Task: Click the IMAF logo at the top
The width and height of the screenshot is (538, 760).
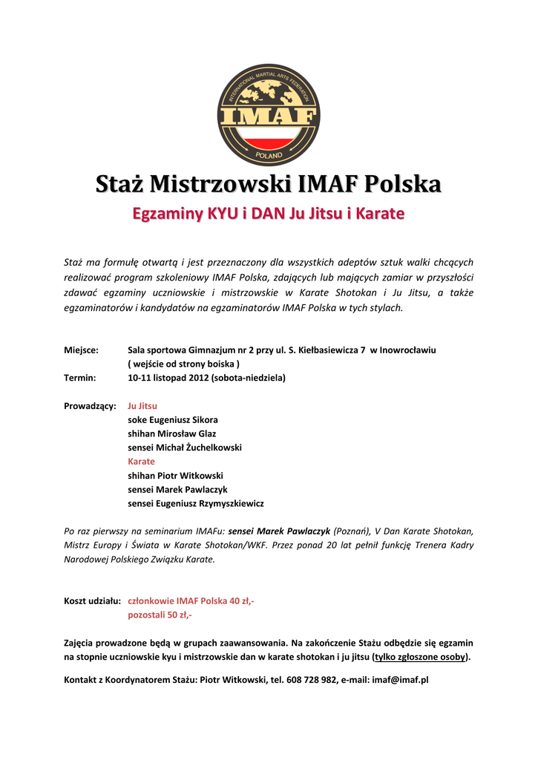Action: pos(269,114)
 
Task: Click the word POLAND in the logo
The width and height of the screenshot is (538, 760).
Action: pos(269,156)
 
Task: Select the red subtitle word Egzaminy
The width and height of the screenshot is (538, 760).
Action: pos(166,214)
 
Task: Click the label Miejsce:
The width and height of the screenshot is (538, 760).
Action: pos(82,350)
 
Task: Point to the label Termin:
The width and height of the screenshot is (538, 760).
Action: pos(80,378)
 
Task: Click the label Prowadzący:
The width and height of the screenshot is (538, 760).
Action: pos(90,406)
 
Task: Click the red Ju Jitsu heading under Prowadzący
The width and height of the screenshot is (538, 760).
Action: pos(142,406)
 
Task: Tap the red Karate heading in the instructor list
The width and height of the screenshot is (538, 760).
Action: pos(141,462)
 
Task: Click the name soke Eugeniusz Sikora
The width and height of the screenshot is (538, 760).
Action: pos(173,419)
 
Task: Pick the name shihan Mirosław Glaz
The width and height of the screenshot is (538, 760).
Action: pos(172,433)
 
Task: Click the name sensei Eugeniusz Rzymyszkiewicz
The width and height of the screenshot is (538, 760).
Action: pos(196,503)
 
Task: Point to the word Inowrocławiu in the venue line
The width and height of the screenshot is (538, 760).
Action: pos(408,350)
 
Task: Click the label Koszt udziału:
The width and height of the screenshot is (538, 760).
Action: pos(93,601)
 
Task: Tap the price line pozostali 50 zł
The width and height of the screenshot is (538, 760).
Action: pos(160,615)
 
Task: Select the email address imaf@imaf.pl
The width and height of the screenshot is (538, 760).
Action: pos(401,680)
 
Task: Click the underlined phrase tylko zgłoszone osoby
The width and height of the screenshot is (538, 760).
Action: pos(421,657)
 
